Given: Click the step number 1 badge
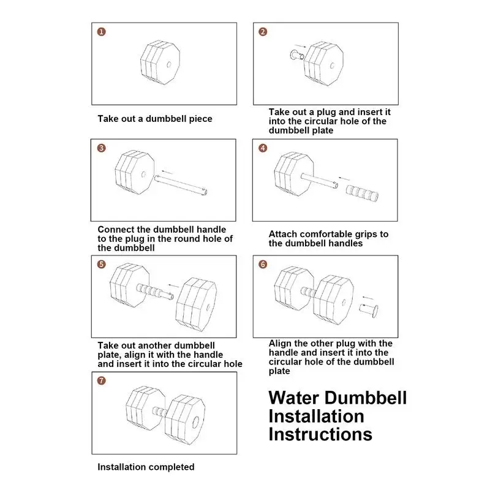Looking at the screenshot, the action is (x=101, y=32).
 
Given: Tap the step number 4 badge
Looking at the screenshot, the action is (x=263, y=148).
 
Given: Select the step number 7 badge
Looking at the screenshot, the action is (x=101, y=380).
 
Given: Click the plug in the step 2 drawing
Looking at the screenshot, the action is (x=297, y=56).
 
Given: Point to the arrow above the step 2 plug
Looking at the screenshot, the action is (x=300, y=47).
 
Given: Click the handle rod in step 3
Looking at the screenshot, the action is (x=181, y=185).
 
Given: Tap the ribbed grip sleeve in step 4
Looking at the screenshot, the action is (x=362, y=193).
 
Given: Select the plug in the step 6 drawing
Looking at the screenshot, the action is (x=369, y=310).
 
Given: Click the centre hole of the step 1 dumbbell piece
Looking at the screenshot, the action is (x=169, y=65).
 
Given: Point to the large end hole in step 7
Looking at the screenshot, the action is (x=195, y=422).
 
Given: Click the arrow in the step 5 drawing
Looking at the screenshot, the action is (x=174, y=285).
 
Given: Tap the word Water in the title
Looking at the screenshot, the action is (x=294, y=398).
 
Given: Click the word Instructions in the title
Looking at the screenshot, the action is (x=320, y=434).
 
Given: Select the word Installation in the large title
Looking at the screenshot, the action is (x=316, y=416).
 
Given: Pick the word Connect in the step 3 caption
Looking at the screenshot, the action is (x=116, y=229).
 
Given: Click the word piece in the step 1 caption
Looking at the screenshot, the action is (x=200, y=119).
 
